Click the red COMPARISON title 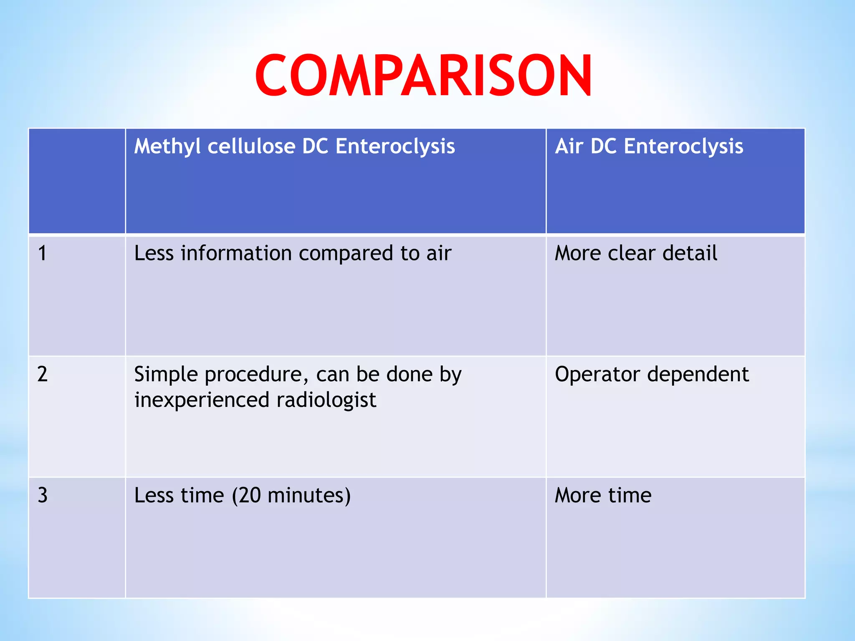coord(423,76)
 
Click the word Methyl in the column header coord(167,147)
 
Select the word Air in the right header coord(569,146)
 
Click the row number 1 coord(42,253)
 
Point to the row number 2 coord(42,374)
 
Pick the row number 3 coord(42,495)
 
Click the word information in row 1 coord(236,253)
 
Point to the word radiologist coord(326,400)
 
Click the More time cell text coord(603,495)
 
